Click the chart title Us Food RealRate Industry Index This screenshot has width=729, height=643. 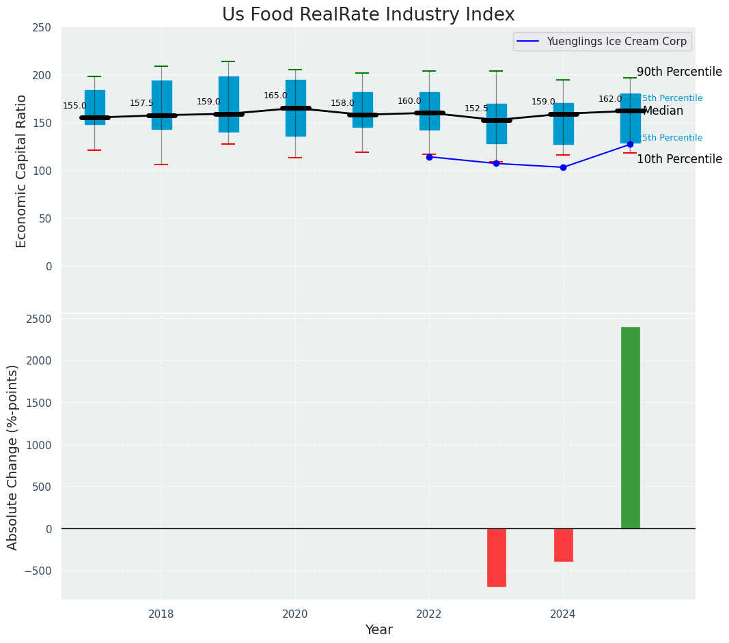(368, 15)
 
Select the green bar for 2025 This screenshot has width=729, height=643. (630, 427)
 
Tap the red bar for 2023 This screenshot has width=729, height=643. (496, 557)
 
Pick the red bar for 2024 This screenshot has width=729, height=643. (563, 545)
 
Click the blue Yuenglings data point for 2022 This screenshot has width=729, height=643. (429, 157)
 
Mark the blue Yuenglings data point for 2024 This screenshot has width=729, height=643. (563, 167)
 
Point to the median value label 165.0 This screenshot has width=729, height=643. (275, 96)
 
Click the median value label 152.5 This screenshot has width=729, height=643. (476, 109)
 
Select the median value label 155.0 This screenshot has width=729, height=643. (74, 106)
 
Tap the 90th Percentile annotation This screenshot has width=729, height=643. (679, 72)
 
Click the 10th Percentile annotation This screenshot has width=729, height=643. (679, 160)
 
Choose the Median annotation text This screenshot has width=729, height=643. (663, 111)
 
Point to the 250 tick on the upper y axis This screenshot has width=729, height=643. (42, 28)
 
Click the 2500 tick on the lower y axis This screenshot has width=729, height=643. (39, 319)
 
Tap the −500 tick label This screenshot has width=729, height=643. (38, 571)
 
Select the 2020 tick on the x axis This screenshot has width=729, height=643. (295, 614)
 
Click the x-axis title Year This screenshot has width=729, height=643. (379, 630)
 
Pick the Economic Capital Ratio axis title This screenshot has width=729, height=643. (21, 171)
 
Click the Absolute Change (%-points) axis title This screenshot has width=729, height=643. (13, 457)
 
